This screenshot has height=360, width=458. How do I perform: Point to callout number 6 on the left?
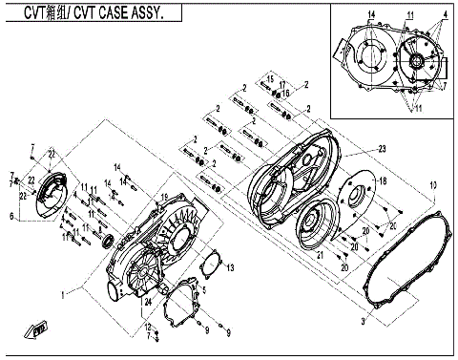(x=12, y=217)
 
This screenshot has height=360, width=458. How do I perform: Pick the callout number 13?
(x=229, y=265)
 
